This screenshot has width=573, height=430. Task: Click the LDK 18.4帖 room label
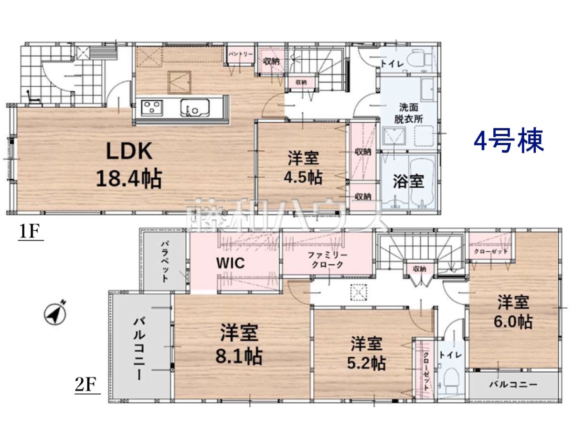point(129,165)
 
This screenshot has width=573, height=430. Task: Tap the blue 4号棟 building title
point(509,141)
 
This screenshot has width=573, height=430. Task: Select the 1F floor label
point(30,231)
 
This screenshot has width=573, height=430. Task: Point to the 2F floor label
point(87,384)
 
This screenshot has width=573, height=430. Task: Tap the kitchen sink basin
point(195,108)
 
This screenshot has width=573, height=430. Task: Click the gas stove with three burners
point(152,108)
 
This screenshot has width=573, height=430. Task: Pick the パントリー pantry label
point(241,54)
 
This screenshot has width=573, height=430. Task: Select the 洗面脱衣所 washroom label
point(408,113)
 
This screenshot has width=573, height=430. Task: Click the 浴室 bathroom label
point(408,182)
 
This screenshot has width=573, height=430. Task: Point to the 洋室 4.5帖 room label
point(303,168)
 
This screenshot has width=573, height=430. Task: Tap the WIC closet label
point(231,263)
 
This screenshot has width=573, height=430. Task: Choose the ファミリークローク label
point(328,260)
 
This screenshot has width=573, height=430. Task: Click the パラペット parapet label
point(164,262)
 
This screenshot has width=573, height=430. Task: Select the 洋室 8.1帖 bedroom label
point(239,344)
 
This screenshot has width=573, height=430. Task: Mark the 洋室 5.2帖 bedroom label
point(367,353)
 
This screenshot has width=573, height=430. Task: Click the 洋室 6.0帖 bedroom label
point(513,312)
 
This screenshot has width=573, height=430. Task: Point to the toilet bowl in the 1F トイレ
point(420,58)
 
